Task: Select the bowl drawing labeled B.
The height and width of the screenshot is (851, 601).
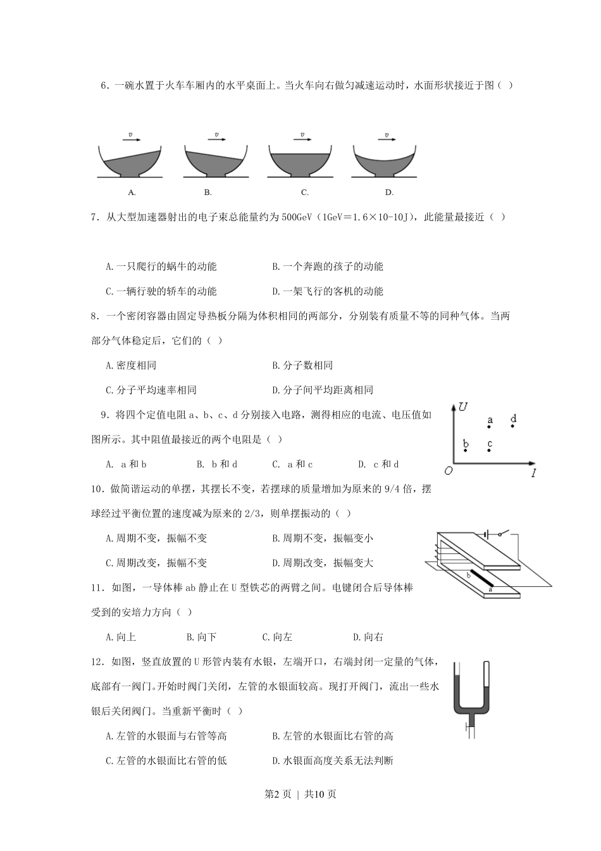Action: pos(214,161)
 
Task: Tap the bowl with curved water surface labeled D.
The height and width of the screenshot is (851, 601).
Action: pos(384,161)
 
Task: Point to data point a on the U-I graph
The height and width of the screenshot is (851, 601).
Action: pos(490,420)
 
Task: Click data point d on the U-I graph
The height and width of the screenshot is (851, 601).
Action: pos(513,419)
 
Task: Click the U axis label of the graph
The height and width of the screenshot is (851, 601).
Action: pos(463,407)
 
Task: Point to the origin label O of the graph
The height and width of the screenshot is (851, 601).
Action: pos(448,470)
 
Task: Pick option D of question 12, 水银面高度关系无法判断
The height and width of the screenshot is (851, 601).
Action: pos(333,760)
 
